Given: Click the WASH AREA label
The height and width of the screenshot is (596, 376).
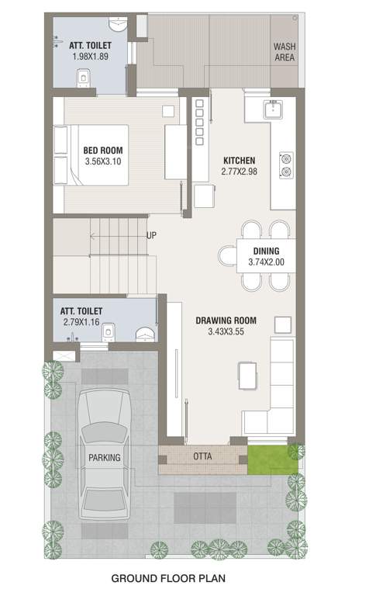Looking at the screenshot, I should point(285,52).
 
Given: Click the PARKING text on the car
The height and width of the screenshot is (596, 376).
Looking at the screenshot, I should point(103,458).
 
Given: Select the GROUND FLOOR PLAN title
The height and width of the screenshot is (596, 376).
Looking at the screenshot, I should point(169,578).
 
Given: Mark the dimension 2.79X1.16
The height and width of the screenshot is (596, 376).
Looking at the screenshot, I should point(82,321).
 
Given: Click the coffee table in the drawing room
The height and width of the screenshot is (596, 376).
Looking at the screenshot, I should point(247,376).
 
